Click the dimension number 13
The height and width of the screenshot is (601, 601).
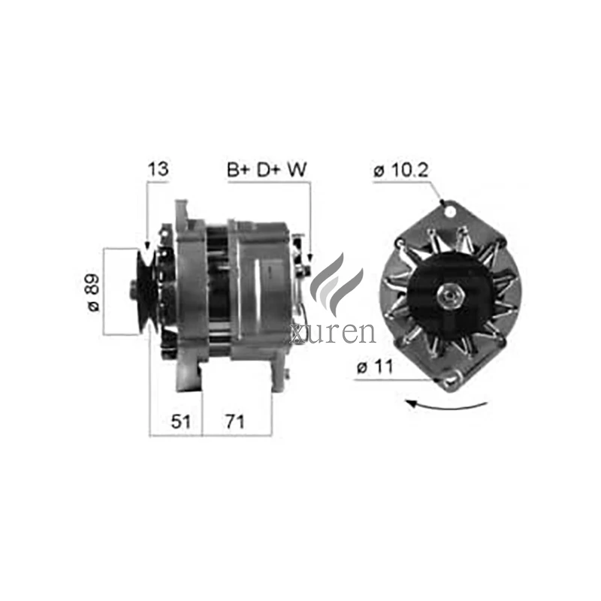click(158, 170)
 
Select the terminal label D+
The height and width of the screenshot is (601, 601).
click(268, 170)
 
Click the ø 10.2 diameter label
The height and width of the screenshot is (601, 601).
click(400, 171)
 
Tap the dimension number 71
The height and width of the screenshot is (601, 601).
click(235, 421)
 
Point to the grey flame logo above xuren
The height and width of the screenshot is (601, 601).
click(336, 282)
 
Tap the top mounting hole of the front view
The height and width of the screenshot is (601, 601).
click(450, 211)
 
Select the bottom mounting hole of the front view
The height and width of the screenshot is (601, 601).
click(451, 383)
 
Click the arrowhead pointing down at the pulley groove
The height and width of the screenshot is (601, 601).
click(146, 247)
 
